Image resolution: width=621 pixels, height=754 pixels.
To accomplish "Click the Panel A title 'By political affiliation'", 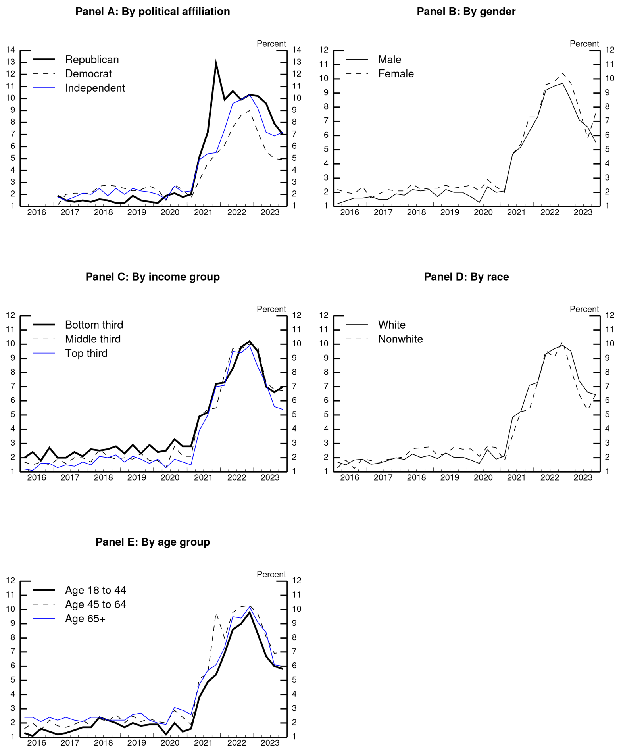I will (152, 12).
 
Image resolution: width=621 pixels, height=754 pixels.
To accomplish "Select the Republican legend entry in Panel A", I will (92, 60).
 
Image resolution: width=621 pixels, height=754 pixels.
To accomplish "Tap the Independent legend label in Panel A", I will (95, 88).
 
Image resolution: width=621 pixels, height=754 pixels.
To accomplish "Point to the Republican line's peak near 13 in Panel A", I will (216, 62).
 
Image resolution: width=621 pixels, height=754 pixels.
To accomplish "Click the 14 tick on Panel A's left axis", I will (10, 50).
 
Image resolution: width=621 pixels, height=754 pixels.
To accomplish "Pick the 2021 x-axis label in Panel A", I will (203, 212).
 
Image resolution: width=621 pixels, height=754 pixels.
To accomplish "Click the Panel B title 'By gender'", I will (466, 12).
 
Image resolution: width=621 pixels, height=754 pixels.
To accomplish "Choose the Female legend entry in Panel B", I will (396, 74).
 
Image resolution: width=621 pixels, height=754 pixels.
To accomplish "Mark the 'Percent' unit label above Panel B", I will (584, 44).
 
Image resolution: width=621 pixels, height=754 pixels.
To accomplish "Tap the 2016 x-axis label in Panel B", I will (350, 212).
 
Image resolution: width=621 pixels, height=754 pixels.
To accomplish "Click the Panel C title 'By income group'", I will (152, 277).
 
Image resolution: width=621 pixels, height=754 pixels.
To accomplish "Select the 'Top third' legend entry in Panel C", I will (86, 353).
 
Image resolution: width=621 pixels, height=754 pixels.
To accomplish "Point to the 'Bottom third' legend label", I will (94, 325).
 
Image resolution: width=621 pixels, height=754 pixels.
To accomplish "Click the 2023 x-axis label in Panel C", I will (270, 478).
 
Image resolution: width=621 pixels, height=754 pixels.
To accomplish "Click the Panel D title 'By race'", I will (466, 277).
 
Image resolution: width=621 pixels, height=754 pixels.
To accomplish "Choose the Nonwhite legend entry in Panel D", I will (400, 339).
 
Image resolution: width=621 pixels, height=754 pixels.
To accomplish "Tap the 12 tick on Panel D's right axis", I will (609, 315).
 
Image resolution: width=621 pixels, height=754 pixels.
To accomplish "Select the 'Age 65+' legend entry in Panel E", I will (85, 619).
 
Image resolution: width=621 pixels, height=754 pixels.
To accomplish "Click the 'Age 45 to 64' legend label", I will (95, 604).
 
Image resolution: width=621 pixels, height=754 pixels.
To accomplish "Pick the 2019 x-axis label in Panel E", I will (137, 743).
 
